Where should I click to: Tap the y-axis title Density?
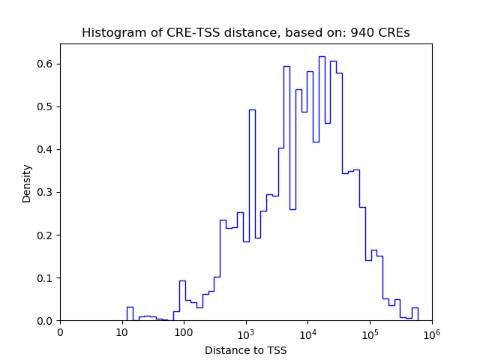click(27, 183)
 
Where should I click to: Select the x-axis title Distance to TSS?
click(245, 350)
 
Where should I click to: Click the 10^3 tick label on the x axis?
click(246, 333)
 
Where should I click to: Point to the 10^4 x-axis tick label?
click(307, 333)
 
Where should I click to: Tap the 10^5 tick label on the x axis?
click(370, 333)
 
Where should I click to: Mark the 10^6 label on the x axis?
click(431, 333)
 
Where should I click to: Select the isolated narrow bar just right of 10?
click(130, 314)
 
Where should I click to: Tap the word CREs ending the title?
click(396, 33)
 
